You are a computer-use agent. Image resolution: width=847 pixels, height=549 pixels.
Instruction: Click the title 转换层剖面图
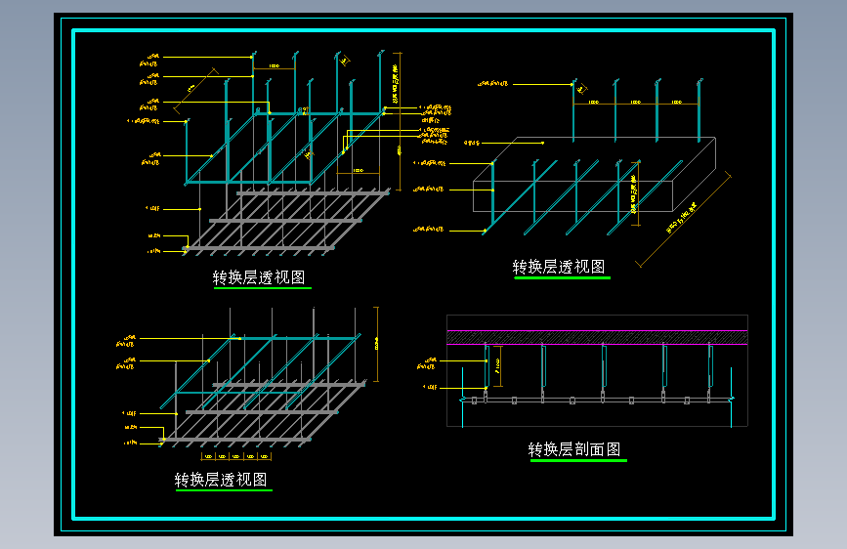coord(574,449)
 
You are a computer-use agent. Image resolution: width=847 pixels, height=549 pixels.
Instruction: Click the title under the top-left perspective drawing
coord(259,278)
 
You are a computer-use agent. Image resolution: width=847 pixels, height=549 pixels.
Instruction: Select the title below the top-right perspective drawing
coord(559,267)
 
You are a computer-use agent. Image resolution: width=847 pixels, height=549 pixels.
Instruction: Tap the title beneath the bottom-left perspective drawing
coord(221,480)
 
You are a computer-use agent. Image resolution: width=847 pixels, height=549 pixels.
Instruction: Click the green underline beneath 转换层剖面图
coord(578,460)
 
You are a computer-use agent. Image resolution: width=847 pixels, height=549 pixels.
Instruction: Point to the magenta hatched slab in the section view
coord(597,337)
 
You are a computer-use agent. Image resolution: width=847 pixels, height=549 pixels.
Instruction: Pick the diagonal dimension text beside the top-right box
coord(683,219)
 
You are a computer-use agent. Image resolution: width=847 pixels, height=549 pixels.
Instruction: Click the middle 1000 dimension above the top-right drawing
coord(635,101)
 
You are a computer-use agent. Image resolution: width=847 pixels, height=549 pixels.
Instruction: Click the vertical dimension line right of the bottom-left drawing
coord(376,344)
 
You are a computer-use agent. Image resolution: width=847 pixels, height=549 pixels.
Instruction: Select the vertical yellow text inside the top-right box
coord(635,194)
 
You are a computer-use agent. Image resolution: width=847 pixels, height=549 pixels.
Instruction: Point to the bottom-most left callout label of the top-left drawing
coord(154,251)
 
